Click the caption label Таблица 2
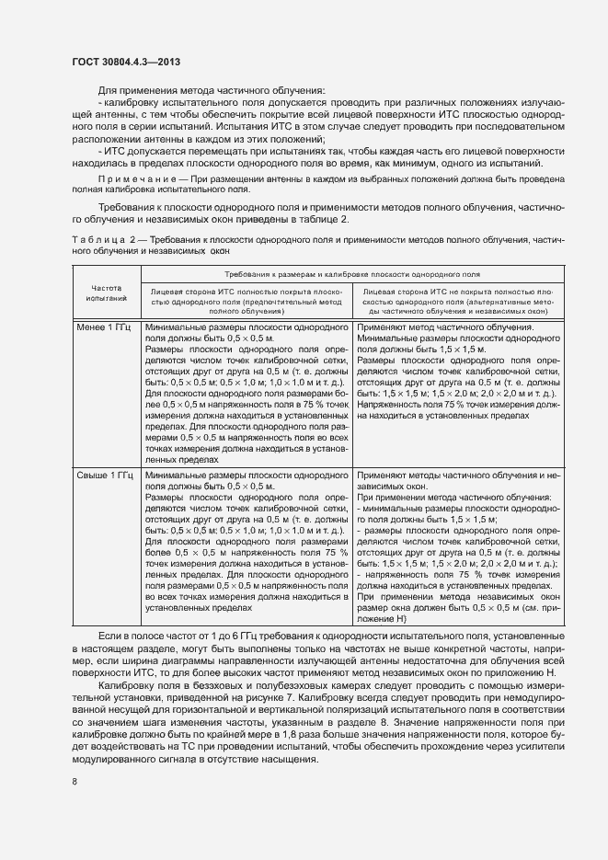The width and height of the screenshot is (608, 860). click(x=103, y=238)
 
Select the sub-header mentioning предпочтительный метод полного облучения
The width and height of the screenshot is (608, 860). click(x=246, y=301)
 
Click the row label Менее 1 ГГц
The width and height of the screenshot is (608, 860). click(x=106, y=327)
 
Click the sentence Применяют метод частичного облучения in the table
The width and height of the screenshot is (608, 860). click(x=445, y=327)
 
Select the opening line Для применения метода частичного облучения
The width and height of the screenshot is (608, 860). click(x=211, y=90)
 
